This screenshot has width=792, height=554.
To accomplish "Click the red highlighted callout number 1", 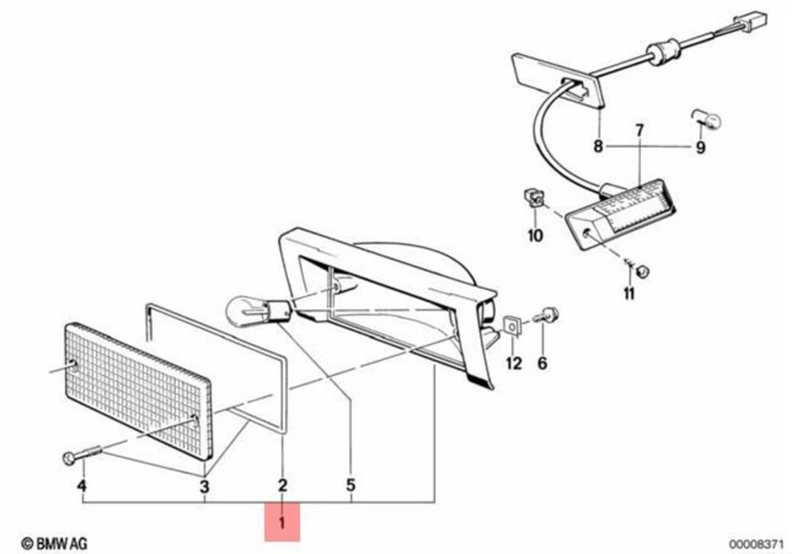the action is (x=282, y=522).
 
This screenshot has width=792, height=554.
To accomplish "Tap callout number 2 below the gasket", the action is (x=282, y=486).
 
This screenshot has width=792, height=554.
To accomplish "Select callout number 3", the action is (x=204, y=487).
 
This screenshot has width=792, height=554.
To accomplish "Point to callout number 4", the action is (x=82, y=486).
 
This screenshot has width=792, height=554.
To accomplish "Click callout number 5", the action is (x=351, y=486).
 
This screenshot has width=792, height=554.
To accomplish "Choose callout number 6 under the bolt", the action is (x=542, y=363).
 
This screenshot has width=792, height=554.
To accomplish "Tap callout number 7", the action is (x=639, y=131).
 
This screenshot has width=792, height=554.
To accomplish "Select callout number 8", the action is (x=598, y=146).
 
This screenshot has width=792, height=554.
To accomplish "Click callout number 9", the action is (x=700, y=148).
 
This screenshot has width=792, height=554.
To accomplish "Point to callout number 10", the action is (x=535, y=236).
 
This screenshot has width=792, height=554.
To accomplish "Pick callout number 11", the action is (x=629, y=293).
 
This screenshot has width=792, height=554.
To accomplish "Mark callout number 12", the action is (x=514, y=364).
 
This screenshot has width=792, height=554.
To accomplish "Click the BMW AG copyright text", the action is (x=54, y=543).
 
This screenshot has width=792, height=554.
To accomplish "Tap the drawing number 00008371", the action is (x=756, y=544).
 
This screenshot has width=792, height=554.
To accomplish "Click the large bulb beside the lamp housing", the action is (x=258, y=310).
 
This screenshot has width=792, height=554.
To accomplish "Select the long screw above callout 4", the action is (x=82, y=454).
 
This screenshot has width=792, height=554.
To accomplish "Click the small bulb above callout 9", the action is (x=706, y=120).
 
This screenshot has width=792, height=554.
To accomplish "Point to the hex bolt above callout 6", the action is (x=546, y=317).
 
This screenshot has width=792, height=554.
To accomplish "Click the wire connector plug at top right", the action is (x=751, y=21).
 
